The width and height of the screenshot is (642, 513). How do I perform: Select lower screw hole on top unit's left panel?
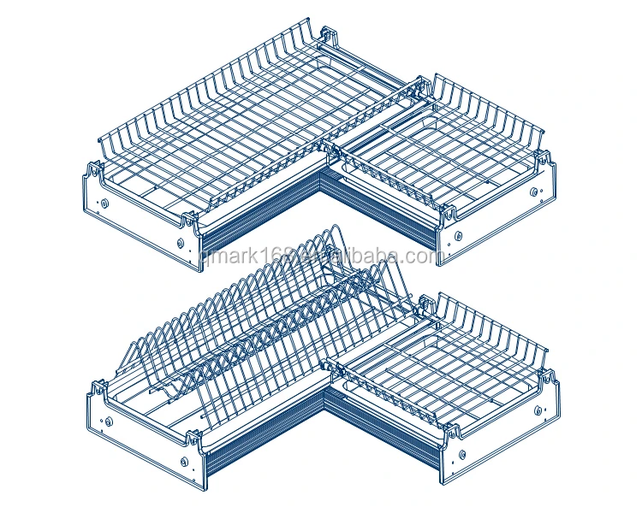181,243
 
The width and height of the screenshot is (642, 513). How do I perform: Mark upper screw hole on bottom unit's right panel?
538,410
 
